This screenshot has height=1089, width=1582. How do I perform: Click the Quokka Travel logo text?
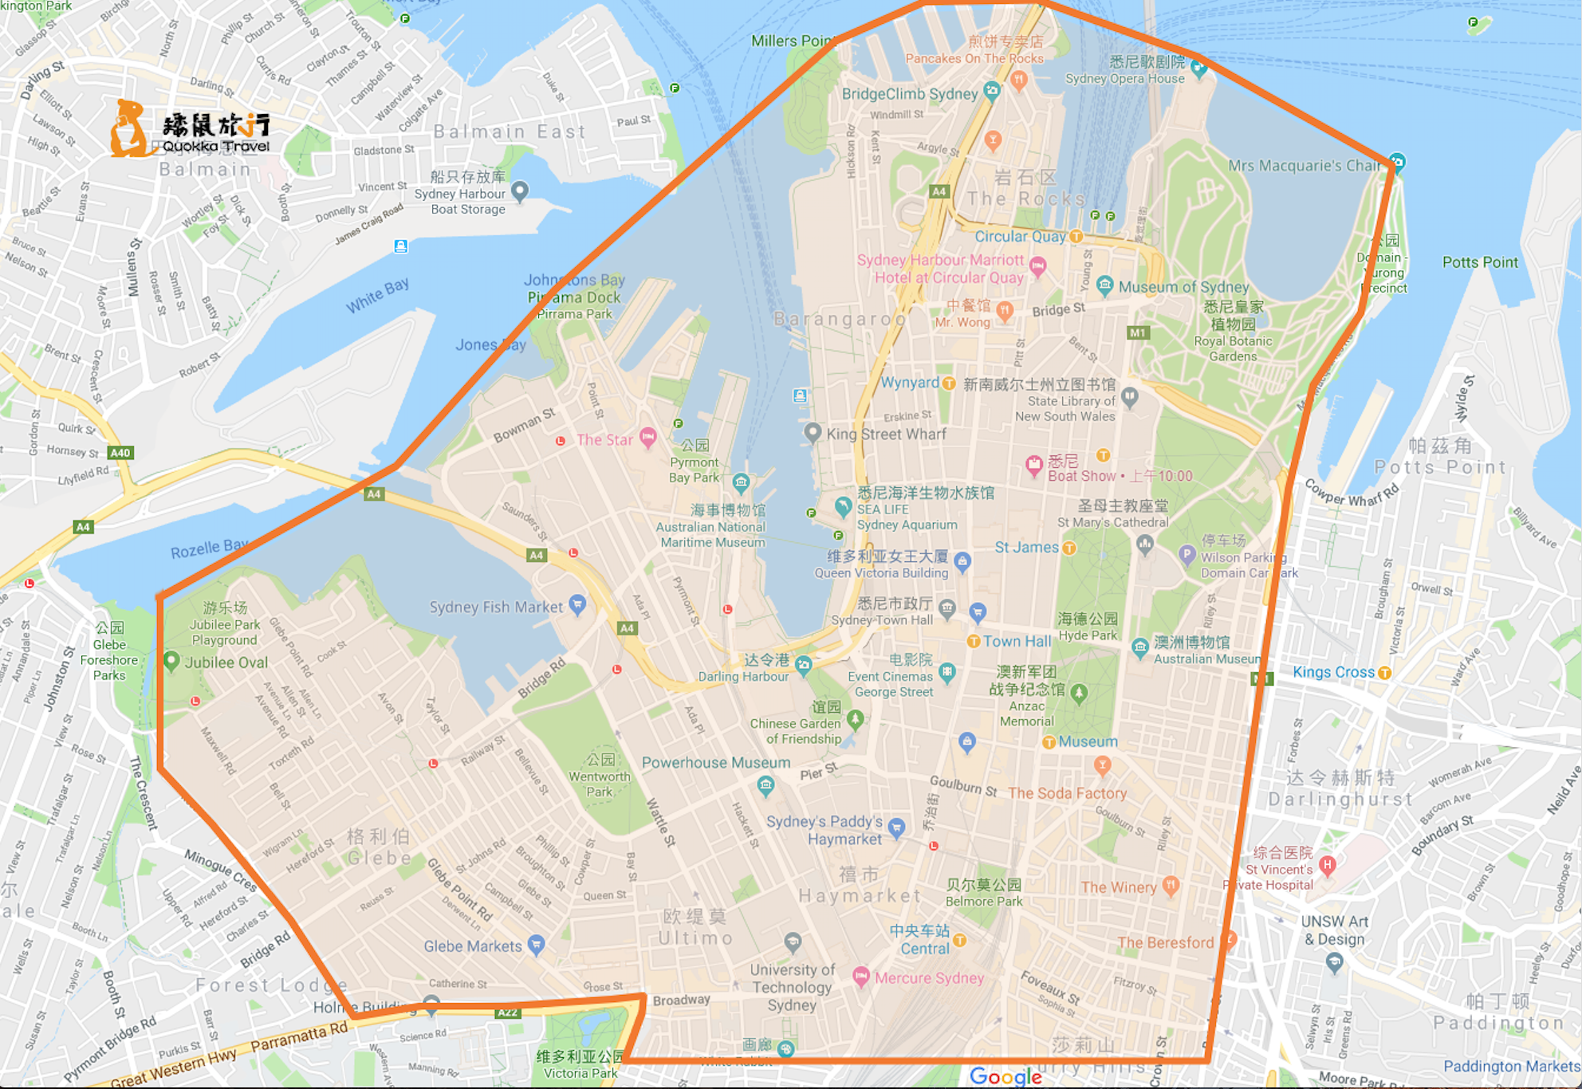click(215, 146)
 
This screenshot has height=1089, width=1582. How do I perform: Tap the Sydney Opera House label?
click(1124, 78)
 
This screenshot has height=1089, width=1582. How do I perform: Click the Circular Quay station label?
click(1020, 237)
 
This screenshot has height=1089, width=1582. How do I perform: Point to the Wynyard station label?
click(909, 383)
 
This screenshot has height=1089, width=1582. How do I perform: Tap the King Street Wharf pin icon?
click(812, 432)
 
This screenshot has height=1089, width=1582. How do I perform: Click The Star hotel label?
click(604, 440)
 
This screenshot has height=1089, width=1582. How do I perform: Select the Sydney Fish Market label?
click(496, 607)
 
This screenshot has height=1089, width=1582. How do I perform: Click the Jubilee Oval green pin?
click(171, 660)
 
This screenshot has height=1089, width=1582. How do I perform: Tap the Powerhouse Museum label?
click(716, 763)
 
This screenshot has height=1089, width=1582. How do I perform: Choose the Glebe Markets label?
click(473, 946)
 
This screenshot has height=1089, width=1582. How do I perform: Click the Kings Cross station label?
click(1333, 672)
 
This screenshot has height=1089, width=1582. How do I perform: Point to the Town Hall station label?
click(1017, 642)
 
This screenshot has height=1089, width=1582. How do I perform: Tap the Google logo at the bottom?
click(1005, 1077)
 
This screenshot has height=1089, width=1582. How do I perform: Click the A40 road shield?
click(120, 453)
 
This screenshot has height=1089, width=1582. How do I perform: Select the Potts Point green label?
click(1480, 262)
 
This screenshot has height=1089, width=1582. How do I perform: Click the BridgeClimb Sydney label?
click(910, 94)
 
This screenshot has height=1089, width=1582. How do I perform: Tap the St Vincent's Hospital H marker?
click(1328, 864)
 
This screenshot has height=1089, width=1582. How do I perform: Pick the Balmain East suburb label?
click(510, 132)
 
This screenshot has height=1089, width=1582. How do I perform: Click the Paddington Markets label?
click(1511, 1067)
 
